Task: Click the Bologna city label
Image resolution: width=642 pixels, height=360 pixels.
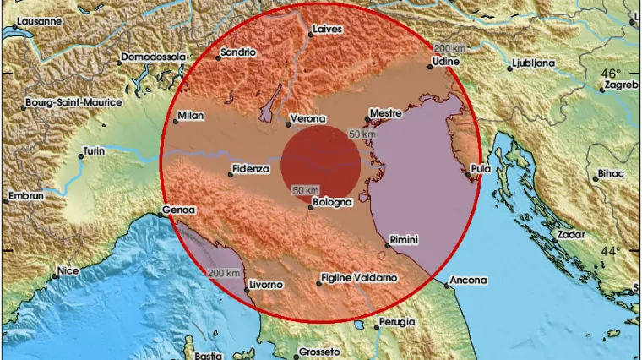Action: click(x=329, y=203)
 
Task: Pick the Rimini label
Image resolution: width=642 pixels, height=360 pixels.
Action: click(x=406, y=239)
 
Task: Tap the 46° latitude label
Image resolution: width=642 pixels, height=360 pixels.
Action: click(x=612, y=74)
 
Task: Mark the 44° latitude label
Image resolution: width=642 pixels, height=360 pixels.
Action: click(x=612, y=251)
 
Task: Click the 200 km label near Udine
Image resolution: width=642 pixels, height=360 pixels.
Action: click(x=447, y=48)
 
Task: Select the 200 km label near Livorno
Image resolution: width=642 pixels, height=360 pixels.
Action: click(x=224, y=272)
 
